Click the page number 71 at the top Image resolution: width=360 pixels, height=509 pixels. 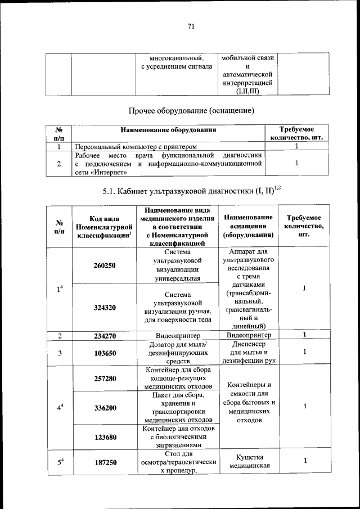191,25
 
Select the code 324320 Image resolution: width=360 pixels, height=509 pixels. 105,308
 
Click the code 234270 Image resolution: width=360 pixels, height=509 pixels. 105,336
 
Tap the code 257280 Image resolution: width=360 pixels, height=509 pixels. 105,379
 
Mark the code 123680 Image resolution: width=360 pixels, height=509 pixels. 105,436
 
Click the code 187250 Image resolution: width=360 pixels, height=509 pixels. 105,462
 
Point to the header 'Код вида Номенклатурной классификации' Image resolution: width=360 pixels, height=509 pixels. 105,227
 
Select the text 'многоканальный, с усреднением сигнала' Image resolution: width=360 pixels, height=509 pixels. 176,62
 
